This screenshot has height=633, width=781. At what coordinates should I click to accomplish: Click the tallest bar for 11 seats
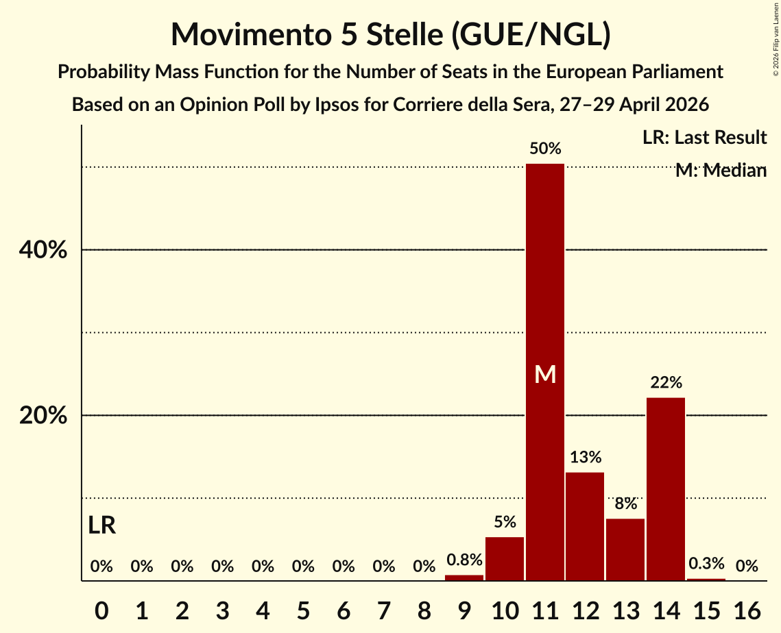545,372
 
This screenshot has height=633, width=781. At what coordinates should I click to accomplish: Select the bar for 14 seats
666,489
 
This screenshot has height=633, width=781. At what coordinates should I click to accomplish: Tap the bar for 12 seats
586,527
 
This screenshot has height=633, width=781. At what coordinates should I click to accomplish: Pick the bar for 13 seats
625,549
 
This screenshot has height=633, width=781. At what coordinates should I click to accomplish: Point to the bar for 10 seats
505,559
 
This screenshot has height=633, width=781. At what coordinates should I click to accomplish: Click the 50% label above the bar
545,148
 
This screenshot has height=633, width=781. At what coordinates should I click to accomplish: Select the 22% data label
666,382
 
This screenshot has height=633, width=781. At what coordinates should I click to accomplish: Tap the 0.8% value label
465,560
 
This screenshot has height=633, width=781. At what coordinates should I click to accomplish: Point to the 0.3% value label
706,563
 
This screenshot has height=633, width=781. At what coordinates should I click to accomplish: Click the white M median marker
545,374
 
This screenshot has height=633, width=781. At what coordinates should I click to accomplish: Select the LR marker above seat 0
102,525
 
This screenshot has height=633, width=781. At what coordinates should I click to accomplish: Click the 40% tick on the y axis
43,250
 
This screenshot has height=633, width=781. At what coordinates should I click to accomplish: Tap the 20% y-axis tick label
43,415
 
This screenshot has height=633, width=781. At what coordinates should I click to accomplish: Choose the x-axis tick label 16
747,610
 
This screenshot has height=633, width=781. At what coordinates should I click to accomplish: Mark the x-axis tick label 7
384,610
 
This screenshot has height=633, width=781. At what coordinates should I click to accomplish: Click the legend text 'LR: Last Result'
704,137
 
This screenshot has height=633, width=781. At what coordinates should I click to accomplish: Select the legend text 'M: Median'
721,170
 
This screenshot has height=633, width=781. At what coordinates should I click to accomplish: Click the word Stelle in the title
404,34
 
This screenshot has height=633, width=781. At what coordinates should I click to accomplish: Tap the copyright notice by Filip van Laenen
776,44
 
